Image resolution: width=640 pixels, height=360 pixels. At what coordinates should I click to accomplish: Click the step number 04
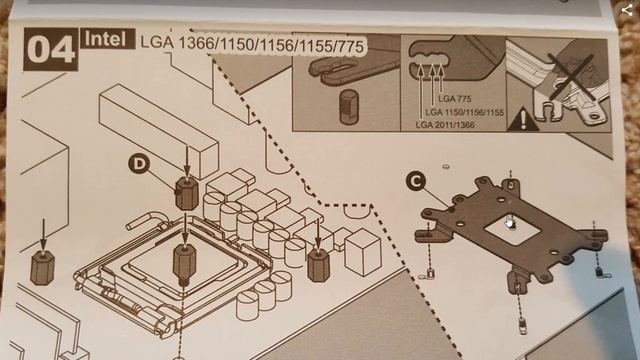click(x=51, y=49)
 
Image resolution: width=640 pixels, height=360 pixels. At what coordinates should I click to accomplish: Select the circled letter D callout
click(x=139, y=164)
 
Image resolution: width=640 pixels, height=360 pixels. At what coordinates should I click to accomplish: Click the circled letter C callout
click(x=416, y=181)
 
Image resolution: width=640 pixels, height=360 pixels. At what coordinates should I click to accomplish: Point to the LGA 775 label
click(x=455, y=99)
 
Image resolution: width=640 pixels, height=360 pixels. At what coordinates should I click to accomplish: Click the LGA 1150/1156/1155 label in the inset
click(x=464, y=112)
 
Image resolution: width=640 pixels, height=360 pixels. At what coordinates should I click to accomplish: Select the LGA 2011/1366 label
click(x=445, y=125)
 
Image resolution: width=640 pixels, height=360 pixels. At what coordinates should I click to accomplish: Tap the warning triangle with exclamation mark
click(x=523, y=119)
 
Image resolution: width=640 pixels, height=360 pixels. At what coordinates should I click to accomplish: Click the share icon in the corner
click(x=627, y=10)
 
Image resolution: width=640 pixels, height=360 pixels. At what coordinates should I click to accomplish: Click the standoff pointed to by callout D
click(x=187, y=192)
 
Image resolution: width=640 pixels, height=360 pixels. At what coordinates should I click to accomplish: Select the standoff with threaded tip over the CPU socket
click(x=184, y=263)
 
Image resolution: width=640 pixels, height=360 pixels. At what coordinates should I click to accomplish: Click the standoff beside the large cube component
click(x=318, y=264)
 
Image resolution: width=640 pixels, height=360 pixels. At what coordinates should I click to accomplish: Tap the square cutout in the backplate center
click(x=512, y=229)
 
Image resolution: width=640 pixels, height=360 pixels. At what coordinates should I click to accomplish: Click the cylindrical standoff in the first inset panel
click(x=349, y=107)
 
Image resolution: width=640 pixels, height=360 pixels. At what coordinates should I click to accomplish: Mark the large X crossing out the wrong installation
click(x=570, y=78)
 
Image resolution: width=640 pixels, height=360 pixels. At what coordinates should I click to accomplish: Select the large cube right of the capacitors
click(x=363, y=251)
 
